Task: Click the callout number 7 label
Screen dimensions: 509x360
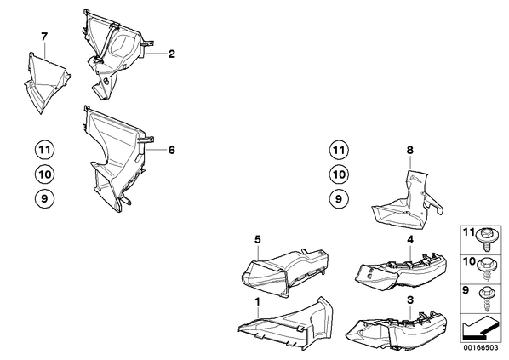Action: pyautogui.click(x=44, y=37)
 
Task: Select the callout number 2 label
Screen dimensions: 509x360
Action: pyautogui.click(x=172, y=54)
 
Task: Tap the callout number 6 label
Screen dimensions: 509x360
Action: pyautogui.click(x=172, y=150)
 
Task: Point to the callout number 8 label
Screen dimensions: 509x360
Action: pyautogui.click(x=410, y=150)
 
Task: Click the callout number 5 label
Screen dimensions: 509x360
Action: pyautogui.click(x=257, y=239)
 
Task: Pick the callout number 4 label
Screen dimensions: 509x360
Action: pyautogui.click(x=410, y=239)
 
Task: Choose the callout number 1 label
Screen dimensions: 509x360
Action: pyautogui.click(x=257, y=302)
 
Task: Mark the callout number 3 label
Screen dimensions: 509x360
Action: pyautogui.click(x=410, y=300)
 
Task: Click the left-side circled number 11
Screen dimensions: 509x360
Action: pyautogui.click(x=44, y=150)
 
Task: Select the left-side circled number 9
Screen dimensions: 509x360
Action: pyautogui.click(x=44, y=198)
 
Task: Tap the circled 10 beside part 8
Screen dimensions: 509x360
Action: pyautogui.click(x=339, y=174)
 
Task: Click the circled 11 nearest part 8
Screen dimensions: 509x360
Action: pyautogui.click(x=339, y=150)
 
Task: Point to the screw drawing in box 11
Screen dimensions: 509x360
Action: pyautogui.click(x=485, y=239)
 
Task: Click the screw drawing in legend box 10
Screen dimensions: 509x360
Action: pyautogui.click(x=486, y=268)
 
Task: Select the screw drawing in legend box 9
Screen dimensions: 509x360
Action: pyautogui.click(x=486, y=299)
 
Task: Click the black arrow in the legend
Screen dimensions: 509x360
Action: pyautogui.click(x=480, y=329)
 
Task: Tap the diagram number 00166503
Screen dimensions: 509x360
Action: pyautogui.click(x=481, y=348)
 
